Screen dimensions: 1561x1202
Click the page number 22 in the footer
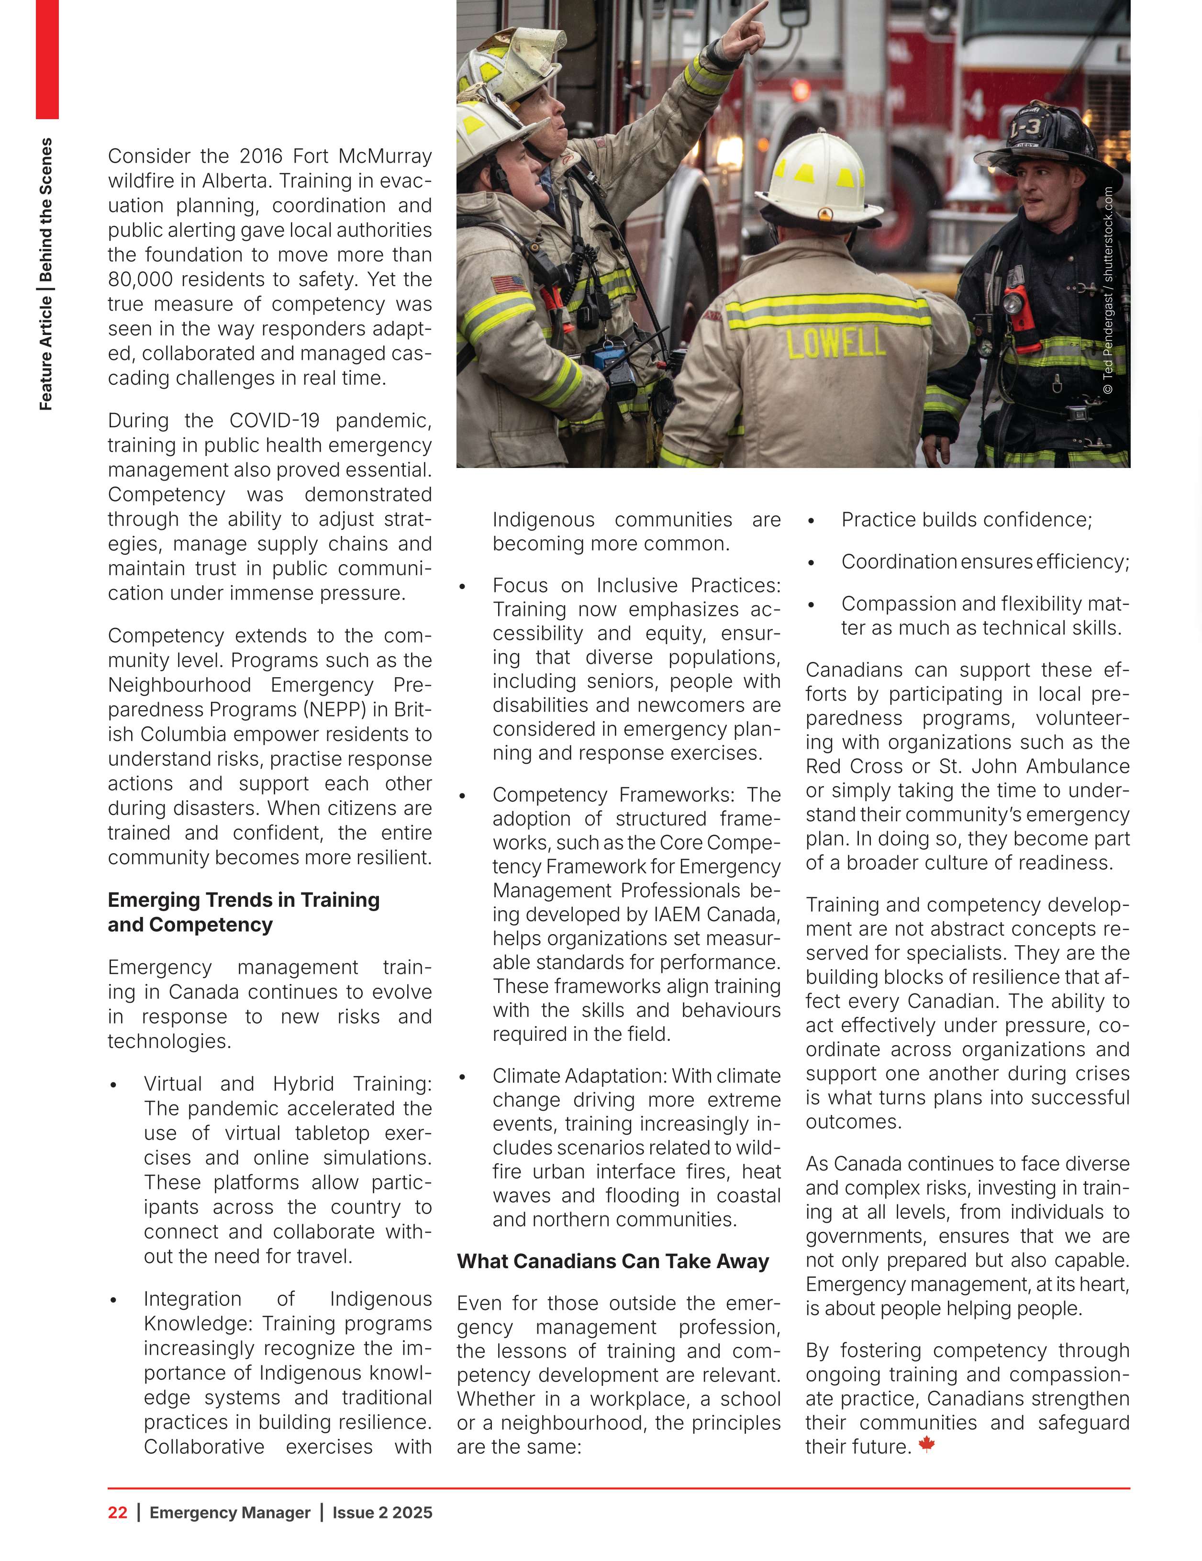(x=117, y=1512)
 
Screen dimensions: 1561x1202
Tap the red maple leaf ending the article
(x=926, y=1445)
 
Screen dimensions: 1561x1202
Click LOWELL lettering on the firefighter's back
(x=835, y=344)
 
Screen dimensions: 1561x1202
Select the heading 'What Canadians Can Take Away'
(x=612, y=1261)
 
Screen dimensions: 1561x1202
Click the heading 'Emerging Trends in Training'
(x=243, y=899)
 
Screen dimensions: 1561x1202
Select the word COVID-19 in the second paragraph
(x=274, y=420)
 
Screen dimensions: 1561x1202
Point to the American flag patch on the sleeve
(x=509, y=284)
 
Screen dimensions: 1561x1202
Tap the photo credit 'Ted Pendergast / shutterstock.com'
(x=1108, y=290)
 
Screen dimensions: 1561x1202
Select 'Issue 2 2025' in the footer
(x=382, y=1512)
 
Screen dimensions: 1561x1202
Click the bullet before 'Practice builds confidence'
(x=811, y=521)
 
